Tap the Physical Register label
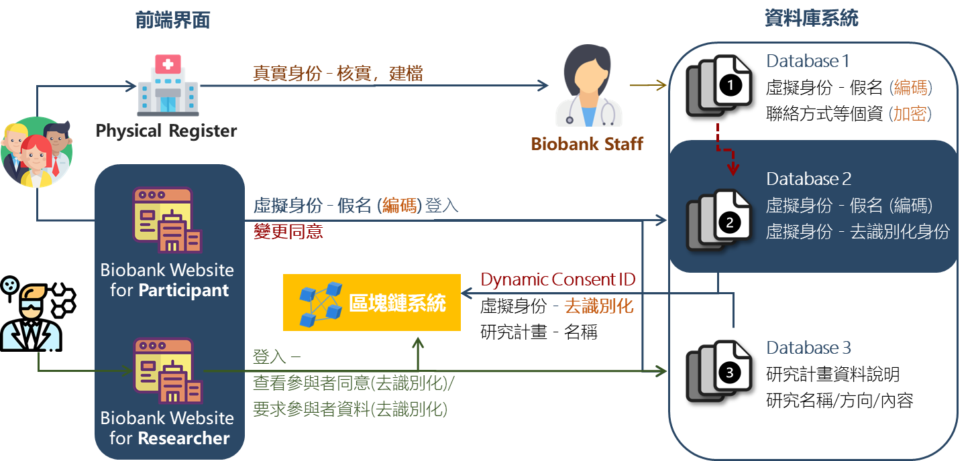click(166, 130)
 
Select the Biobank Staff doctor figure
click(587, 88)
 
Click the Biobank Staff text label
click(587, 143)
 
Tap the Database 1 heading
click(808, 61)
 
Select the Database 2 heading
click(808, 180)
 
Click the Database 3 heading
click(808, 348)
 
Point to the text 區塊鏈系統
click(397, 304)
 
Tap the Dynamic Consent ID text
click(558, 279)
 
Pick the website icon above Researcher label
click(167, 369)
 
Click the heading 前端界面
click(172, 21)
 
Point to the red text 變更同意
click(288, 232)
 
